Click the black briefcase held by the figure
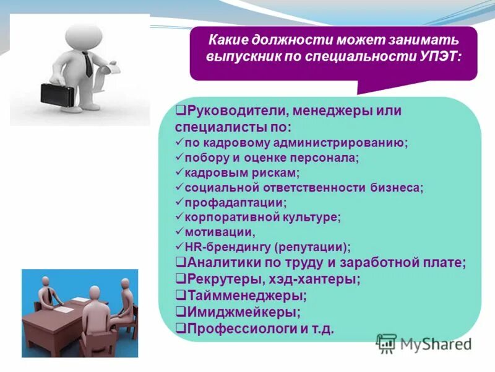tap(58, 94)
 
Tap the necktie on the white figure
tap(88, 64)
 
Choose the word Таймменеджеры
tap(247, 295)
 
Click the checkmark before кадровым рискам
tap(179, 172)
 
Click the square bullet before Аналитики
tap(179, 262)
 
